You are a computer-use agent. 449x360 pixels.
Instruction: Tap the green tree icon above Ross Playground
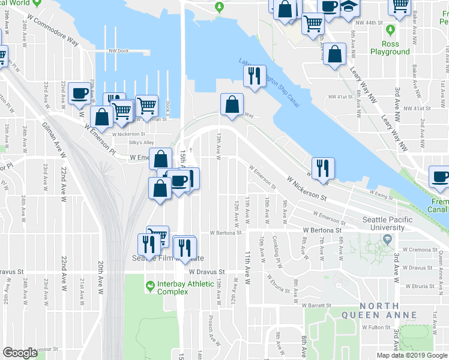[391, 29]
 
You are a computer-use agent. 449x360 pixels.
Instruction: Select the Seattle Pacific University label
[387, 224]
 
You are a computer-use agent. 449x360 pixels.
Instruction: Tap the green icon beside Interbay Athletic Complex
[149, 284]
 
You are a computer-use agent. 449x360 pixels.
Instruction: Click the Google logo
[20, 353]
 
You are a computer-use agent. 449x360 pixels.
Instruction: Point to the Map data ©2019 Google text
[412, 355]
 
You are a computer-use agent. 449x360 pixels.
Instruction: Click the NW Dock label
[119, 51]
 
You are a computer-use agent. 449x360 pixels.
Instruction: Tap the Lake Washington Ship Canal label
[269, 79]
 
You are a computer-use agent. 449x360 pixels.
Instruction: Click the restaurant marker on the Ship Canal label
[255, 76]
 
